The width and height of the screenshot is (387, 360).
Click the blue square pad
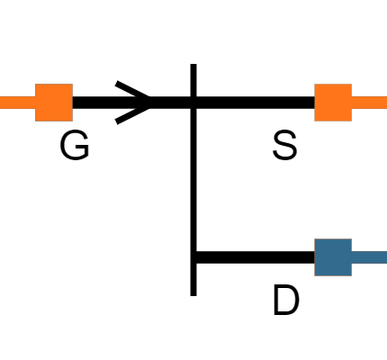pyautogui.click(x=332, y=257)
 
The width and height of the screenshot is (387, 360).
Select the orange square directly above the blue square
pyautogui.click(x=332, y=103)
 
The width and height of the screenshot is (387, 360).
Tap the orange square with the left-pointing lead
pyautogui.click(x=54, y=103)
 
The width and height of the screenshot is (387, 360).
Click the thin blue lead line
pyautogui.click(x=369, y=257)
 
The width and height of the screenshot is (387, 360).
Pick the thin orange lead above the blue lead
pyautogui.click(x=369, y=103)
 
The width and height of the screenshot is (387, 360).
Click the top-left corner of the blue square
pyautogui.click(x=314, y=239)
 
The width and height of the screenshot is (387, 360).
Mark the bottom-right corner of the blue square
pyautogui.click(x=351, y=275)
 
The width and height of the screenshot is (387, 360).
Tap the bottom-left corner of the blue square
pyautogui.click(x=314, y=275)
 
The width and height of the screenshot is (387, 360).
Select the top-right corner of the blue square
pyautogui.click(x=351, y=239)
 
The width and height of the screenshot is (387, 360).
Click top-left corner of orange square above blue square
pyautogui.click(x=314, y=85)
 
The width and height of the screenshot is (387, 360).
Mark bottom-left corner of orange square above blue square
pyautogui.click(x=314, y=121)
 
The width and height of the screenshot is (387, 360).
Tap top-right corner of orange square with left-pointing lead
pyautogui.click(x=72, y=85)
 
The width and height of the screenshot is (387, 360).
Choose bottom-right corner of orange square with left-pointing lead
pyautogui.click(x=72, y=121)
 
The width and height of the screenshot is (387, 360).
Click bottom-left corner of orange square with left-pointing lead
pyautogui.click(x=36, y=121)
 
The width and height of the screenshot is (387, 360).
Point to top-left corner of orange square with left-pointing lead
pyautogui.click(x=36, y=85)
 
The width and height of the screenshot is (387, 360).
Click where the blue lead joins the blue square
pyautogui.click(x=351, y=257)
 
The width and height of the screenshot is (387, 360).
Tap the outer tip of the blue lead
pyautogui.click(x=385, y=257)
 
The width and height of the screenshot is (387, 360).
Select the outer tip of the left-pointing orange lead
pyautogui.click(x=1, y=103)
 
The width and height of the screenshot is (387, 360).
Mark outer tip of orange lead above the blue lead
pyautogui.click(x=385, y=103)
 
